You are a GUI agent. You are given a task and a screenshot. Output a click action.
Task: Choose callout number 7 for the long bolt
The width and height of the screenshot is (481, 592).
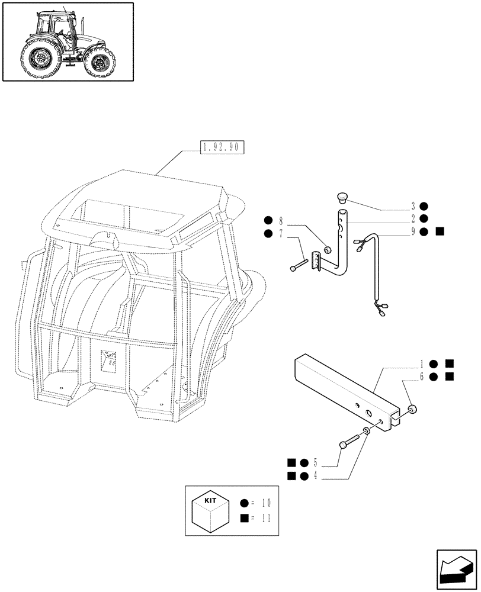[x=281, y=233]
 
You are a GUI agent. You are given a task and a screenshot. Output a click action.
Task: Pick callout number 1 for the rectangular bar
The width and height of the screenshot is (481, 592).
[x=421, y=363]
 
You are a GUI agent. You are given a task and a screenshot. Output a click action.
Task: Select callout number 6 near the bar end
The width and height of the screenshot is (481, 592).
[x=421, y=377]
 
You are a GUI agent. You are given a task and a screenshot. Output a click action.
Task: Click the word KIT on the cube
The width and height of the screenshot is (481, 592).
[x=210, y=500]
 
